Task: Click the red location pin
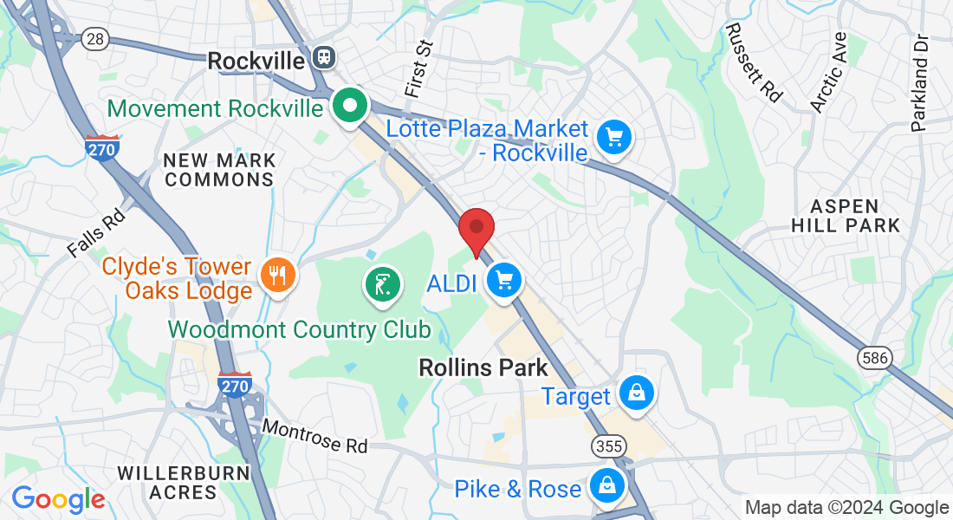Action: [x=476, y=229]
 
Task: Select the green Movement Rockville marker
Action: [x=351, y=107]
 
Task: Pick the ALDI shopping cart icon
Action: [x=505, y=280]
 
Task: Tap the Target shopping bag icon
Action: [x=637, y=393]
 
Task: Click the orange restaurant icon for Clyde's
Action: [x=277, y=276]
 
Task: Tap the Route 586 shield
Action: [x=872, y=357]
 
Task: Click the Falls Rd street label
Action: [x=96, y=234]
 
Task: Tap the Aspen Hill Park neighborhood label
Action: [x=855, y=216]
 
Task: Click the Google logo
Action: [x=58, y=499]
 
